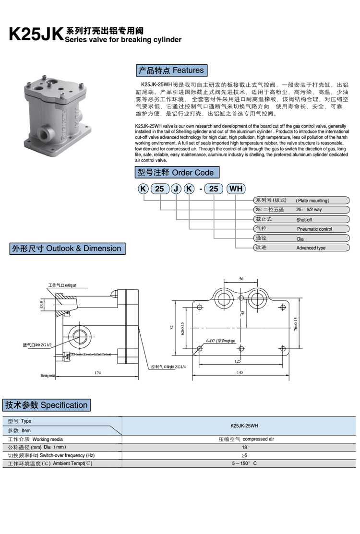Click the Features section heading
click(170, 71)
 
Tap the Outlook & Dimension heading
click(67, 249)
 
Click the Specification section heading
click(46, 405)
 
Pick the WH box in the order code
click(236, 189)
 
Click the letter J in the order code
click(176, 189)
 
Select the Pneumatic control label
click(314, 229)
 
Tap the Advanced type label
click(311, 248)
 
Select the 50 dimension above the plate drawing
click(241, 279)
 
